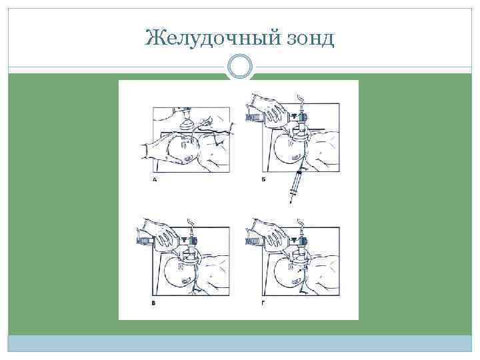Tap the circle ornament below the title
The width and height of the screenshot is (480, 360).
click(x=240, y=67)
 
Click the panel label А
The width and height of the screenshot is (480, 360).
click(x=155, y=180)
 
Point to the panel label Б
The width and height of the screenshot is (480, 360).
click(x=265, y=180)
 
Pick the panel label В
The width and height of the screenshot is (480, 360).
click(x=155, y=303)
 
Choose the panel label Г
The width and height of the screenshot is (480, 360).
click(x=265, y=303)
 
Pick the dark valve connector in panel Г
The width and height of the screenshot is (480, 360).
click(x=304, y=241)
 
